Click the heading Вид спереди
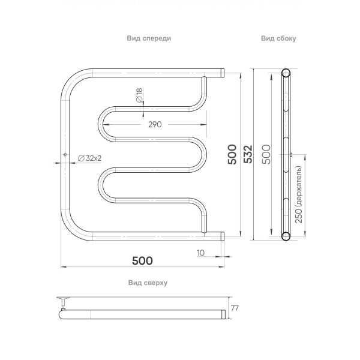coord(149,38)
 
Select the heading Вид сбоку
coord(278,38)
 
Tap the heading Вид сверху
coord(147,282)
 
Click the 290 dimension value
coord(155,124)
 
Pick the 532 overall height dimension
coord(248,155)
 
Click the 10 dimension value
coord(200,253)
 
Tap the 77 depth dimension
coord(235,308)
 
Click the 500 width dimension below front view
coord(142,260)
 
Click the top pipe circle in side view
coord(286,74)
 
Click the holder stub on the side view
coord(291,155)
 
